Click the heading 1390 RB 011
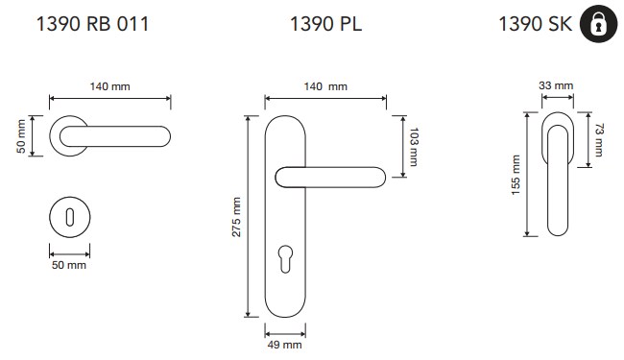(x=93, y=24)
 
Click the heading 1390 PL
(x=326, y=24)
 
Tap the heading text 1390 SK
(x=536, y=24)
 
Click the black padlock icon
(x=598, y=24)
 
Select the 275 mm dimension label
(x=236, y=217)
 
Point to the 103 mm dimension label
(x=414, y=147)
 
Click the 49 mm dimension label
(x=284, y=345)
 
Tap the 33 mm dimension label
(x=556, y=85)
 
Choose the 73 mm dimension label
(x=599, y=140)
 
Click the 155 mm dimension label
(x=516, y=175)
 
